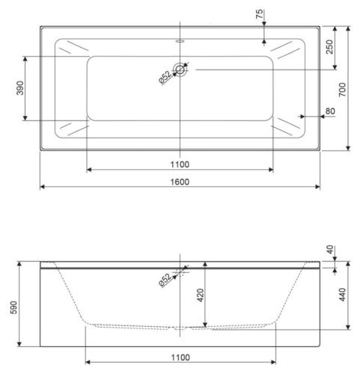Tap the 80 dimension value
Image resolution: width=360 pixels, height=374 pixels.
(x=330, y=112)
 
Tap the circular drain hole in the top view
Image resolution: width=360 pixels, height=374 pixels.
(x=180, y=70)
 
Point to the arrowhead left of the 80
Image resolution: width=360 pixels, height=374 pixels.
(x=302, y=117)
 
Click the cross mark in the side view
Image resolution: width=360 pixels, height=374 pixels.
(x=180, y=268)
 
